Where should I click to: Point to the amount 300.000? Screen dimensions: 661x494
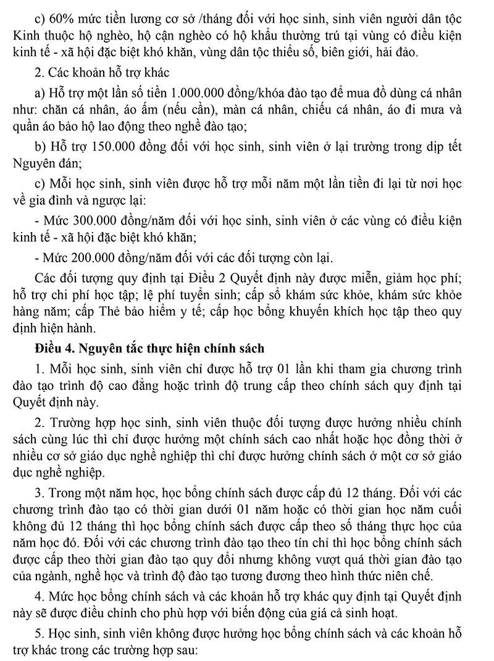click(x=94, y=220)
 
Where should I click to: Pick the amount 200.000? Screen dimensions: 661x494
click(x=94, y=257)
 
